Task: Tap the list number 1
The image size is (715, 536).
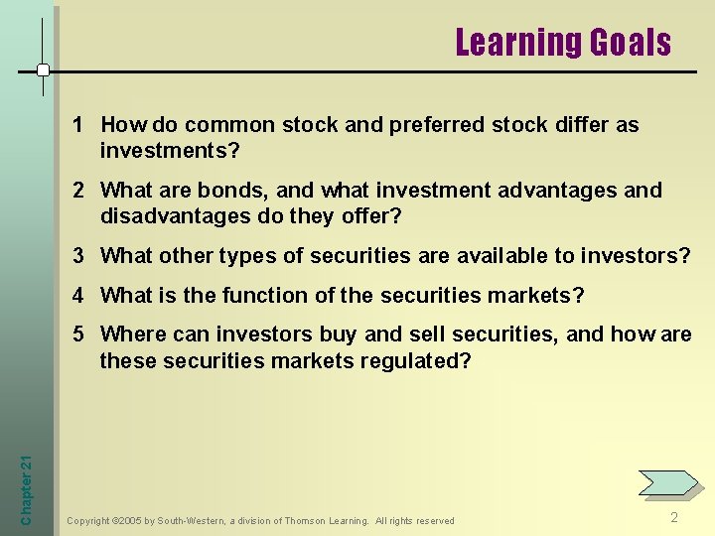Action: pyautogui.click(x=77, y=125)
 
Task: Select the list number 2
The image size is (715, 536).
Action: pyautogui.click(x=77, y=190)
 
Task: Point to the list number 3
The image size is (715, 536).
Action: pyautogui.click(x=77, y=255)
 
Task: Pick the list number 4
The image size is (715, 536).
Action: pyautogui.click(x=77, y=295)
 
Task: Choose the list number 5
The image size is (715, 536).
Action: pyautogui.click(x=77, y=335)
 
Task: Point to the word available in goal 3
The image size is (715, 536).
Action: pyautogui.click(x=502, y=255)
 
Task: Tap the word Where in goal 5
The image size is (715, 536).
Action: pyautogui.click(x=132, y=335)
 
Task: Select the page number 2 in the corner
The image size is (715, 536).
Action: pyautogui.click(x=674, y=517)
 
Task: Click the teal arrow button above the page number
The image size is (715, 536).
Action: pyautogui.click(x=668, y=482)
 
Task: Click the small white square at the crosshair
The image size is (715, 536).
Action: pyautogui.click(x=44, y=70)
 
